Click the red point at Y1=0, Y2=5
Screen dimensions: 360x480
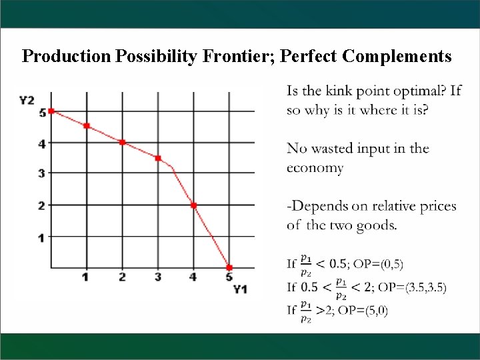pos(51,111)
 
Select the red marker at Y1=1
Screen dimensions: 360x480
pos(87,126)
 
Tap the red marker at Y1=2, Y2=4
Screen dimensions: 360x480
pos(122,142)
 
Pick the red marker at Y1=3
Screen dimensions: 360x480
pos(158,158)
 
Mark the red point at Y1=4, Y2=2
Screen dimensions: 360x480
pos(193,205)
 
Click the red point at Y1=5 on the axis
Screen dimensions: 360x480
pos(229,267)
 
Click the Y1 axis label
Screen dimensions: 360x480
pos(240,289)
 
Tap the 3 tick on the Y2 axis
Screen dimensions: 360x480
pos(41,173)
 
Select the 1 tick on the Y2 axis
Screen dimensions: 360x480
pos(41,237)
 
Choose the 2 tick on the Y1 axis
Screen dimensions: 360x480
pos(122,277)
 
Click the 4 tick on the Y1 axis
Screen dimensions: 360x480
pos(193,277)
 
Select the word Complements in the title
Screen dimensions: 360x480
pos(397,57)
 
